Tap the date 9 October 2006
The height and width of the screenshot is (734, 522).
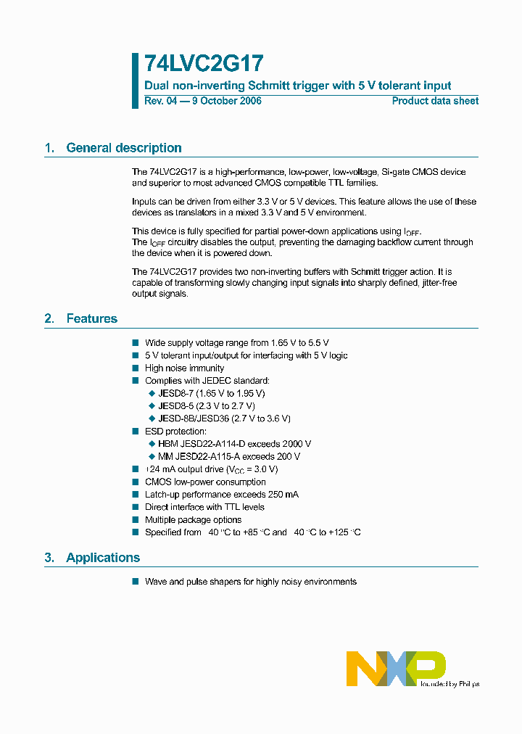coord(225,101)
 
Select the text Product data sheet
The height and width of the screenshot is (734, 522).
coord(435,101)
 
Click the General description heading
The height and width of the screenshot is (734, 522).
coord(123,148)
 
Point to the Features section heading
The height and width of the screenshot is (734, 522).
coord(91,318)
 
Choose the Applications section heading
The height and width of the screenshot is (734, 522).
coord(103,558)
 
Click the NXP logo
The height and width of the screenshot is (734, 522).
coord(396,668)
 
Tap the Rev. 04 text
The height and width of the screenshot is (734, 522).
coord(160,101)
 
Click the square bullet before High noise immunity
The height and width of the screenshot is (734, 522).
coord(135,368)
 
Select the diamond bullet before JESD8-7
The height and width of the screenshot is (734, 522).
coord(152,394)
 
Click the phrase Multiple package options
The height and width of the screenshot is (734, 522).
coord(193,520)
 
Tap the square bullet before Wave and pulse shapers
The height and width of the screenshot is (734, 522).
coord(135,582)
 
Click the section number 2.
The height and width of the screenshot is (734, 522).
coord(49,318)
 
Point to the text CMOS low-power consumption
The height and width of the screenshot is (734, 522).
coord(205,482)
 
